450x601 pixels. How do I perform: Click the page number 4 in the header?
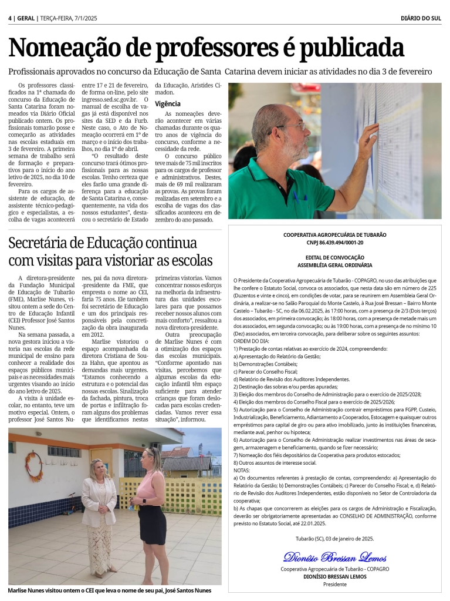click(11, 18)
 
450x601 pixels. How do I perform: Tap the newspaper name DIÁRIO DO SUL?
click(421, 18)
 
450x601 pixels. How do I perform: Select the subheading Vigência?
click(168, 103)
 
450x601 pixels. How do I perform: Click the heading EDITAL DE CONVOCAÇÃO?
click(335, 257)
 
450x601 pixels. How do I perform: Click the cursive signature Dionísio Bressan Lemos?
click(335, 556)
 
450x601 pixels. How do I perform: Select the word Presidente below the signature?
click(335, 584)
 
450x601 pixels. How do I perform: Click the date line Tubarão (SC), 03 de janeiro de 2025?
click(335, 538)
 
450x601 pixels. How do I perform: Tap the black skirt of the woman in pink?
click(153, 523)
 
